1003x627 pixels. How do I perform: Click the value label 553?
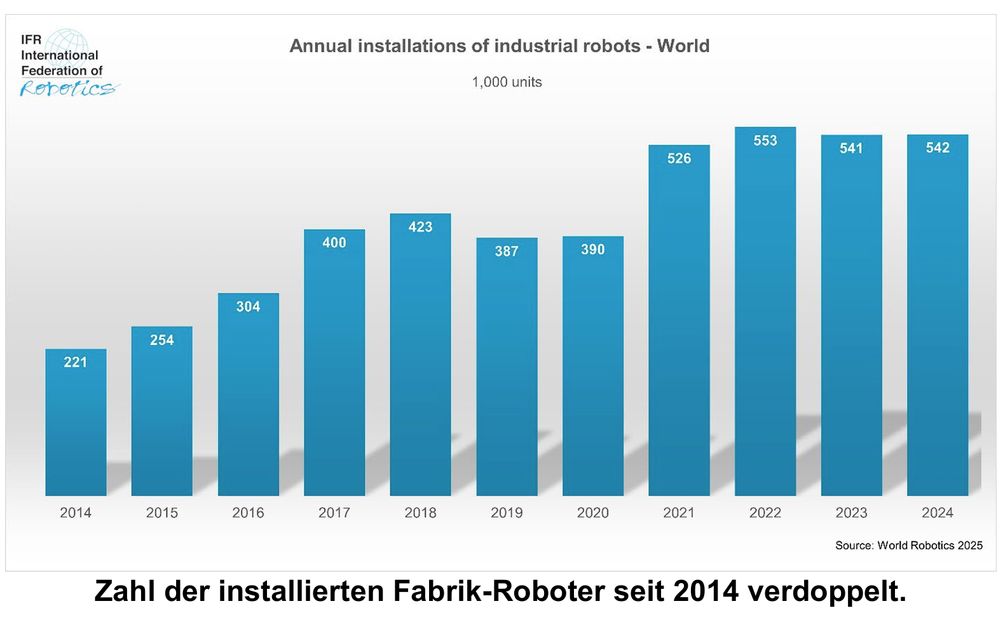click(x=765, y=140)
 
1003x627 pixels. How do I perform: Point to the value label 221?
click(x=76, y=362)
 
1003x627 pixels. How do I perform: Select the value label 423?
click(x=420, y=227)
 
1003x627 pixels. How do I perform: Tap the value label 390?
click(x=592, y=250)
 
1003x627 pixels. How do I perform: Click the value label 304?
click(x=248, y=307)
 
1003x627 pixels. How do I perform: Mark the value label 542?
click(x=938, y=148)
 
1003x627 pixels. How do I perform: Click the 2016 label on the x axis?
click(x=248, y=513)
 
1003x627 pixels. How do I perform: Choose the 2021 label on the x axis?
click(x=679, y=513)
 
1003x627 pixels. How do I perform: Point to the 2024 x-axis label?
click(x=938, y=513)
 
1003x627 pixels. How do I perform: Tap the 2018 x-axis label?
click(x=420, y=513)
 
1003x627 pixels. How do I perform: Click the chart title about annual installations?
click(x=500, y=46)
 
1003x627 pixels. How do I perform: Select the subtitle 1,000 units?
click(x=507, y=82)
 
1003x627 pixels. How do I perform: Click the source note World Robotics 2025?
click(x=909, y=545)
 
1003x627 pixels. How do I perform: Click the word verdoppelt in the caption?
click(x=826, y=591)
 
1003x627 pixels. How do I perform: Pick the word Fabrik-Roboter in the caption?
click(x=499, y=591)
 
